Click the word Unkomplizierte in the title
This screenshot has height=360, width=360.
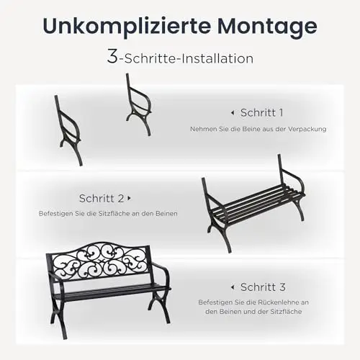point(127,27)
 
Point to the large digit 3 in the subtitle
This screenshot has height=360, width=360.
point(112,56)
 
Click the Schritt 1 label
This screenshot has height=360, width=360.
point(261,112)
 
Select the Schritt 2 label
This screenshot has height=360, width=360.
point(102,198)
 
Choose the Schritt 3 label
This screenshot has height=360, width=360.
point(263,287)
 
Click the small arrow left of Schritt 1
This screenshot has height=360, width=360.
point(233,112)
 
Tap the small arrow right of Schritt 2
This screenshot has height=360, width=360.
point(130,198)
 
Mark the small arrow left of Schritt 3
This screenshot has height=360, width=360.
point(233,287)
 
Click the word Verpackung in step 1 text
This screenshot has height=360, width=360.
point(307,129)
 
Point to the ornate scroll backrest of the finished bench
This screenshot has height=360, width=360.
point(99,261)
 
